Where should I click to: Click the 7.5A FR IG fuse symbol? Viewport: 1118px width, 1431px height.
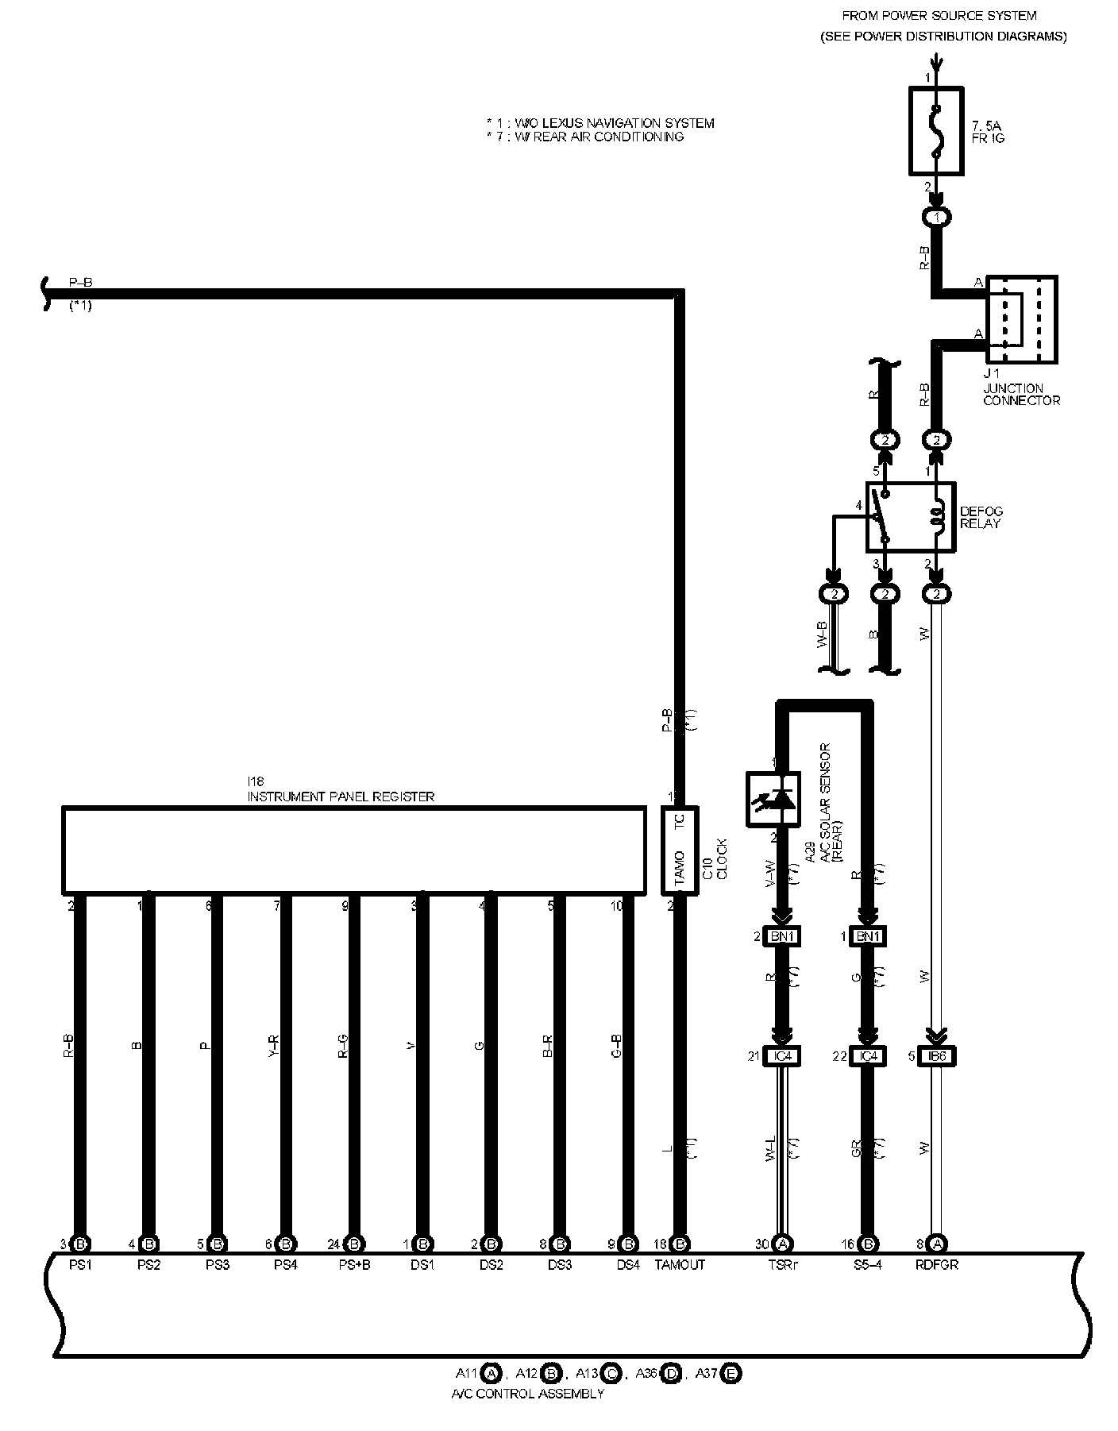[936, 130]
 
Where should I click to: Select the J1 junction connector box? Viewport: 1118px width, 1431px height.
[1021, 319]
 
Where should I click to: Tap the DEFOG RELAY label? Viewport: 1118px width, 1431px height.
[981, 518]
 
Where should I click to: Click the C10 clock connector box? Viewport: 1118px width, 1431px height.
[680, 850]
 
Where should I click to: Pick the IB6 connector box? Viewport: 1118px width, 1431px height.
[938, 1056]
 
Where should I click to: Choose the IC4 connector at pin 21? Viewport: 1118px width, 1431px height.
[782, 1056]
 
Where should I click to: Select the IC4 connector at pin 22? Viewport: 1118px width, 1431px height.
[869, 1056]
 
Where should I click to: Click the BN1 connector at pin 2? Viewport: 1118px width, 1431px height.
[782, 936]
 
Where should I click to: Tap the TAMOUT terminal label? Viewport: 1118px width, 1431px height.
[680, 1265]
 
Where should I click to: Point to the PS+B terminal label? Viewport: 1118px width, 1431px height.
[354, 1265]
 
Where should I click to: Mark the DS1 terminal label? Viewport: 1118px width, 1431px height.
[422, 1265]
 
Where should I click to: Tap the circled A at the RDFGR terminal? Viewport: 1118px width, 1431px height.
[938, 1244]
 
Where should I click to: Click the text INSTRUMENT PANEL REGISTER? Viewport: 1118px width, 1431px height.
[341, 796]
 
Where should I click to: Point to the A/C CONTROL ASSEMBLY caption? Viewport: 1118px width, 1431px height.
[527, 1394]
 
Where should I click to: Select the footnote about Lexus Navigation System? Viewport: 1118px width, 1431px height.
[600, 123]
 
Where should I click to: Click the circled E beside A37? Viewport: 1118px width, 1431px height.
[731, 1373]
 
